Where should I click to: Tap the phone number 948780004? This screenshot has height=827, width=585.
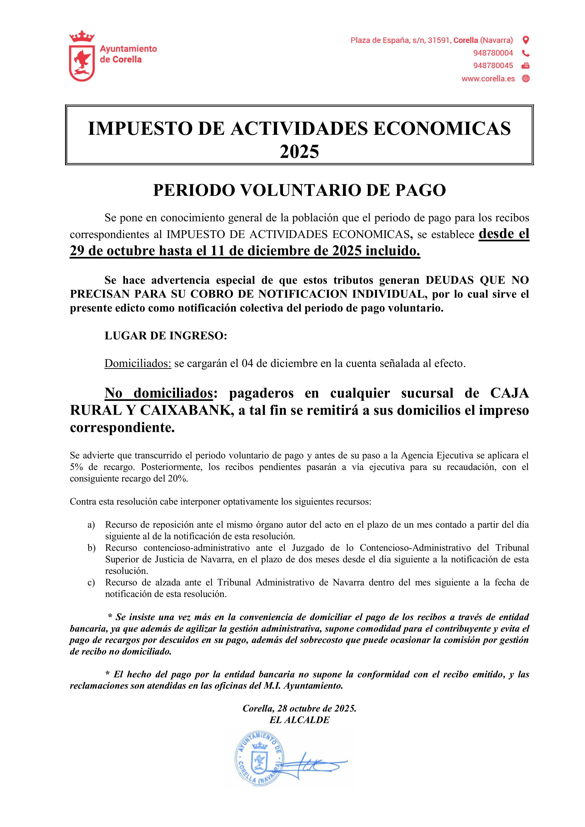tap(493, 53)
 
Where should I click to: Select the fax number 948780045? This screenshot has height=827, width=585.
tap(493, 66)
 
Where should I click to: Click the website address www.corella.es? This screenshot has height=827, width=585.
tap(488, 78)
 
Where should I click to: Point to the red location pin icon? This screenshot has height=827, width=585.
tap(526, 40)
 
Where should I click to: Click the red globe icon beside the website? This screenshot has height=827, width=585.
tap(526, 78)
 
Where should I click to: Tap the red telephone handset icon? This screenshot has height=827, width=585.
tap(526, 53)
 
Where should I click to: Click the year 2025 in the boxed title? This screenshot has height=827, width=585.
tap(299, 151)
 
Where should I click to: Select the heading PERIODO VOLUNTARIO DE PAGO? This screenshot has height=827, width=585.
tap(299, 190)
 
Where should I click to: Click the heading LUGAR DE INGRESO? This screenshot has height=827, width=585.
tap(166, 336)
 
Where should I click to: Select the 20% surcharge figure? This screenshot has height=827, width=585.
tap(177, 479)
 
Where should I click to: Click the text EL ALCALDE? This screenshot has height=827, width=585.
tap(299, 720)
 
